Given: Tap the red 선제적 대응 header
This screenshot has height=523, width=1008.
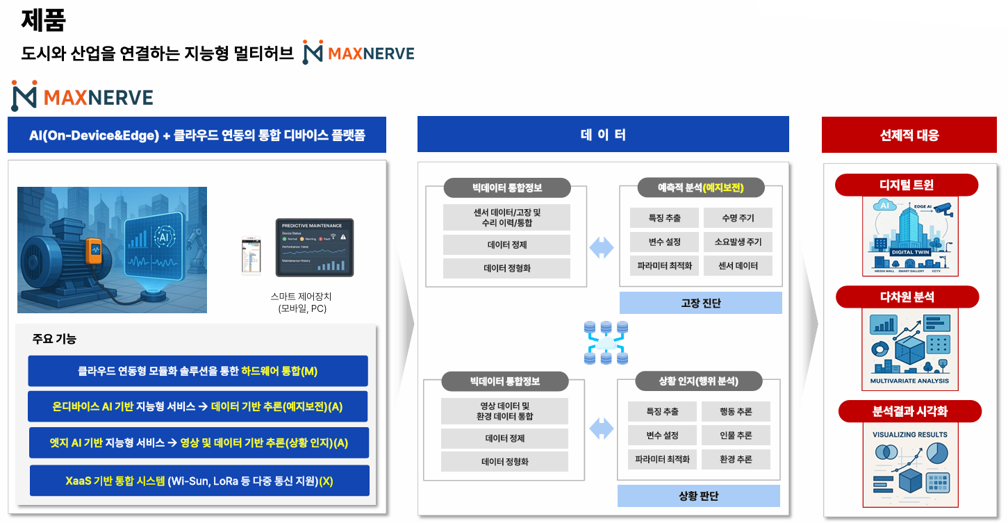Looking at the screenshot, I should (x=909, y=135).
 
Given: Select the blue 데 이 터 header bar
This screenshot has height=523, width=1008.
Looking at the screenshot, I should (x=602, y=134).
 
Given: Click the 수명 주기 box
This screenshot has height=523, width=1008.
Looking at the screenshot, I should (x=737, y=218).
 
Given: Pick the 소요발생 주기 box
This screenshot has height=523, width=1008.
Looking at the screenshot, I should (x=737, y=242).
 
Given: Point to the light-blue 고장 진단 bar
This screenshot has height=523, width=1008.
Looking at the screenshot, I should (x=700, y=303).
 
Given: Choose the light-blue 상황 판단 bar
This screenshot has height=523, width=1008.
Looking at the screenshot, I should (x=698, y=496).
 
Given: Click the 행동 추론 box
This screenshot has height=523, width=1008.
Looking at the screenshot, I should (x=736, y=412).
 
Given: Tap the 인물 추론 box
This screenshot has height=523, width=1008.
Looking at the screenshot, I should (x=736, y=435).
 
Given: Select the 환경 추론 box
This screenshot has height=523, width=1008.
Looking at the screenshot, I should (x=736, y=459).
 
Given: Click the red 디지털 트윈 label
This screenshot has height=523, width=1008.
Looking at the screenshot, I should (x=906, y=185).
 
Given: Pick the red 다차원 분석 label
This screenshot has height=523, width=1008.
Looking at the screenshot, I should (x=907, y=297).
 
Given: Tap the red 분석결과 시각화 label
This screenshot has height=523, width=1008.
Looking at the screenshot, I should (x=909, y=411).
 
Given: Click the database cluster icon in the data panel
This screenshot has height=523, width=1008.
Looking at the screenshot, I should (x=605, y=342).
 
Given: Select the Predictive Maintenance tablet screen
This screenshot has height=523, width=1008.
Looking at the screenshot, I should (x=314, y=247).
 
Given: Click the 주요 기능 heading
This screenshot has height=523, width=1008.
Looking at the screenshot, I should (x=54, y=339).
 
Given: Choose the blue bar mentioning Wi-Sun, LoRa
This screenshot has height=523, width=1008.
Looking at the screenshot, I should (x=198, y=481).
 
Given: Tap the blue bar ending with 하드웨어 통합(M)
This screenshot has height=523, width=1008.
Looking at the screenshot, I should (x=198, y=371).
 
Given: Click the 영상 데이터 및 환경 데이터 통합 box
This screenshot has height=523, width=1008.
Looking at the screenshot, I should (x=504, y=411).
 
